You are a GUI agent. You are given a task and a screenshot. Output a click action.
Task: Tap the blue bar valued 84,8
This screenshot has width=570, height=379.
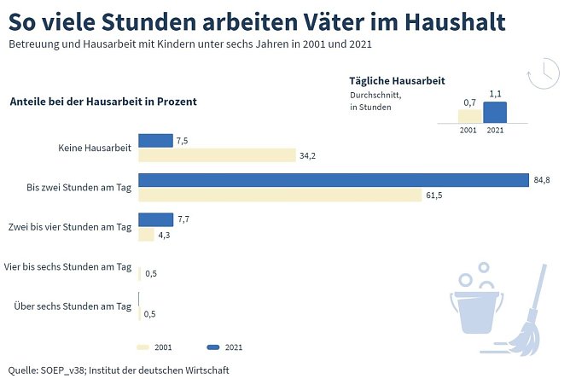click(334, 180)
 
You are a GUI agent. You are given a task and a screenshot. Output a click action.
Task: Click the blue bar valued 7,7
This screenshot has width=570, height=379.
click(155, 219)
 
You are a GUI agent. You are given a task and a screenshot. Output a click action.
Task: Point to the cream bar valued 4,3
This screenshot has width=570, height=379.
click(146, 235)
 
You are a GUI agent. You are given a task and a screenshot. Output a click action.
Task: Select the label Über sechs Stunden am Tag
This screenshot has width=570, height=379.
click(73, 306)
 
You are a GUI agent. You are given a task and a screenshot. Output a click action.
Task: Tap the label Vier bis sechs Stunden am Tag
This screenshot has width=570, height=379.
click(68, 266)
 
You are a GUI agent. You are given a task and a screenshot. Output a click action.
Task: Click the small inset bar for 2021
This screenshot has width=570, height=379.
click(495, 113)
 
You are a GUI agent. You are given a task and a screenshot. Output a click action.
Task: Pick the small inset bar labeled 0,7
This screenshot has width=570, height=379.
click(469, 116)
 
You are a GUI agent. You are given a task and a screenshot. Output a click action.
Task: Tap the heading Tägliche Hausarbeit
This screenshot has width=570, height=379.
click(397, 81)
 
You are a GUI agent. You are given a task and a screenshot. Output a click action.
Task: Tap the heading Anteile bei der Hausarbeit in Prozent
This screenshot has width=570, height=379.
click(103, 101)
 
